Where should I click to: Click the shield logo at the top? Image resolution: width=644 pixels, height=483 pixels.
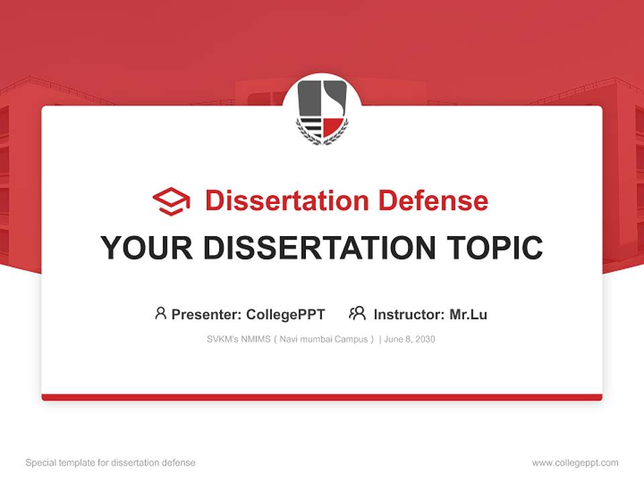tap(322, 109)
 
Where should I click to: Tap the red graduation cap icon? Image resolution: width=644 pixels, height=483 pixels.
tap(171, 201)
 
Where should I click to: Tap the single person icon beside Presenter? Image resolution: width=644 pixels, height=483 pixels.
tap(160, 313)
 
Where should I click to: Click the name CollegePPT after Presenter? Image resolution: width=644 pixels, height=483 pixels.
tap(286, 315)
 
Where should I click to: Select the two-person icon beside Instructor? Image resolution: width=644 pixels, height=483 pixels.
tap(358, 313)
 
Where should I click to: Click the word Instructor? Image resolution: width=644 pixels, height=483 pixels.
tap(409, 315)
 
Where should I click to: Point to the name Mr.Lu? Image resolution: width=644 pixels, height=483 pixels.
tap(468, 315)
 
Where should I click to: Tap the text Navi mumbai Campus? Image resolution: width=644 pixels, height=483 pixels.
tap(323, 339)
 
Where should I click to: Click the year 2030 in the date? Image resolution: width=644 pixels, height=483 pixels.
tap(425, 339)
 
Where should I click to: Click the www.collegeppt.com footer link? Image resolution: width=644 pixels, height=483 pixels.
tap(575, 463)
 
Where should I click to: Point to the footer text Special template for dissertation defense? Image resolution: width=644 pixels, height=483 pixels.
tap(111, 463)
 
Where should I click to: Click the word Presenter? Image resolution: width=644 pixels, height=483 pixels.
tap(207, 315)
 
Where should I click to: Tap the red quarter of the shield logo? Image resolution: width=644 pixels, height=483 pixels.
tap(333, 125)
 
